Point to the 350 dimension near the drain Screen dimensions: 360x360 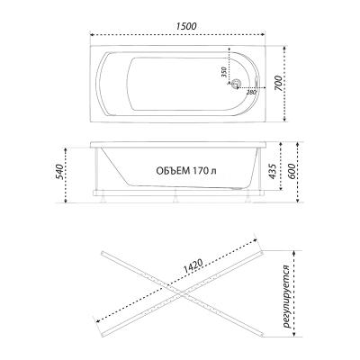pyautogui.click(x=224, y=71)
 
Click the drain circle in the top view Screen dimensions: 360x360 pyautogui.click(x=238, y=85)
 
